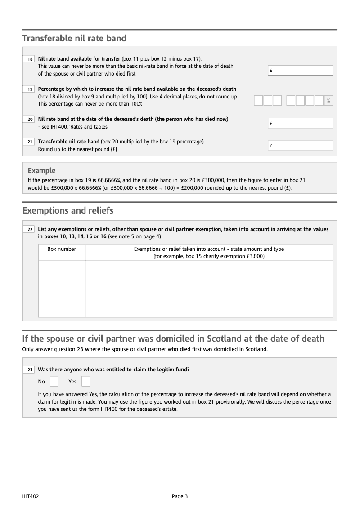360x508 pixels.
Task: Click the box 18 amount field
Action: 301,71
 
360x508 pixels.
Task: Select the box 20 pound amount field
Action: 301,123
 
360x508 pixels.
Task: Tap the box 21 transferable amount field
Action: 301,146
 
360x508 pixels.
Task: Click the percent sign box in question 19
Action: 328,101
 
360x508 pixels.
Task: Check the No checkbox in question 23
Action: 54,382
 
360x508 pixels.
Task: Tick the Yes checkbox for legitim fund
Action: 85,382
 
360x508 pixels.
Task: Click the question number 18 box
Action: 29,59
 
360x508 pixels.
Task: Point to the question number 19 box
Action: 29,89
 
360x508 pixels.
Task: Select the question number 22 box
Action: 29,230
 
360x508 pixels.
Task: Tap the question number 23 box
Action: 29,370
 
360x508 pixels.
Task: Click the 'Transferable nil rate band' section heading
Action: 74,38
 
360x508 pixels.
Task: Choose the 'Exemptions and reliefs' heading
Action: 67,210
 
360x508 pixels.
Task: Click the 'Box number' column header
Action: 62,249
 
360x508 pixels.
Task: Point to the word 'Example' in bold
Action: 41,170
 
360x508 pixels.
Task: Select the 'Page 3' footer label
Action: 180,496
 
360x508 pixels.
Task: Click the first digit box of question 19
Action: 258,101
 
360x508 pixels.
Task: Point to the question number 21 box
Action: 29,142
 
